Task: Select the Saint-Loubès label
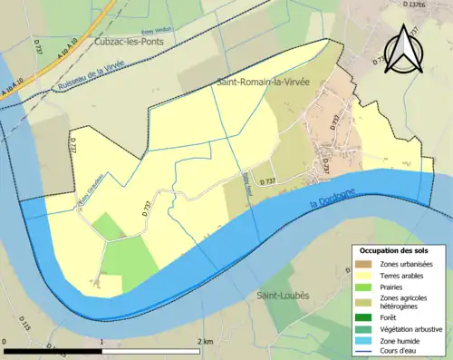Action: [282, 296]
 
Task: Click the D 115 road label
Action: [25, 324]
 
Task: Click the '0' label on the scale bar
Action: [6, 342]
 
